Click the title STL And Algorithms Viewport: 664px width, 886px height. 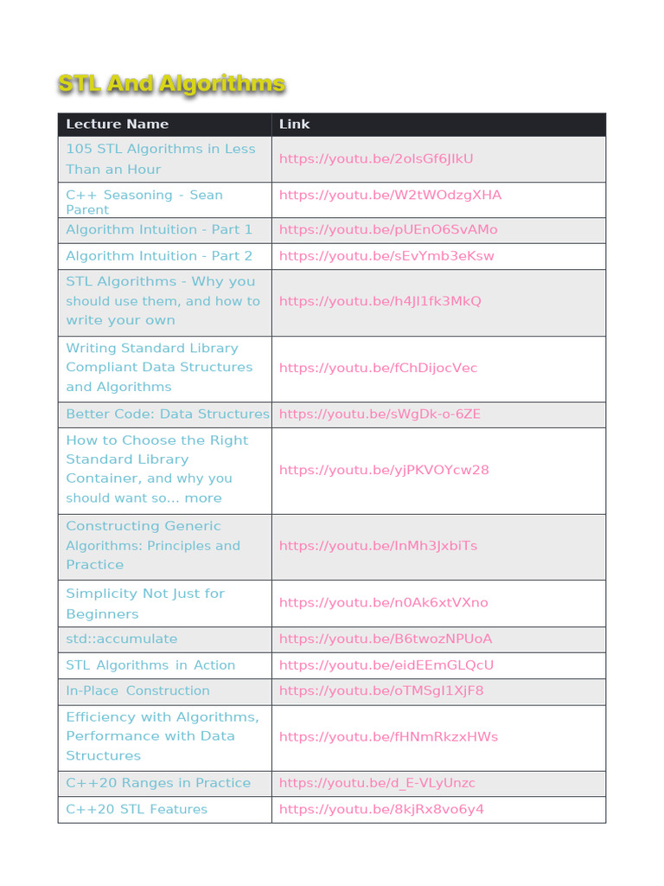click(x=171, y=84)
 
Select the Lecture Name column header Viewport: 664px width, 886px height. click(x=117, y=124)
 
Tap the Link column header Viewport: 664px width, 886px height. click(x=294, y=124)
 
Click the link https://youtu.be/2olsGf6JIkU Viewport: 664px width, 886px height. click(x=376, y=158)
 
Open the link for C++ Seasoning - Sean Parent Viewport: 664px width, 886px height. click(x=390, y=195)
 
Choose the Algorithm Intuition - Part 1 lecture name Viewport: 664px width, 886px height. click(x=159, y=229)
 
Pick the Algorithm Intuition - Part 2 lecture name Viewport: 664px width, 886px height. click(x=159, y=255)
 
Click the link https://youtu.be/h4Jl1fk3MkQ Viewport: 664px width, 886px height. click(x=380, y=301)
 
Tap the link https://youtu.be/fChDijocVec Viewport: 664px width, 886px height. click(x=378, y=368)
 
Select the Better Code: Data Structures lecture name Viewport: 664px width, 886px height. click(x=168, y=414)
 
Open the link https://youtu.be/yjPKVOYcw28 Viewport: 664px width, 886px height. click(x=384, y=470)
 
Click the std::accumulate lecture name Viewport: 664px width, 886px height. click(x=122, y=639)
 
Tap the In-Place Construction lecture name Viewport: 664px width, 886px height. click(x=137, y=690)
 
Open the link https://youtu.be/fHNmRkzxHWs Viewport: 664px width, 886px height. click(x=388, y=736)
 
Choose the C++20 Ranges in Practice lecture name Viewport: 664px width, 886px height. click(x=158, y=783)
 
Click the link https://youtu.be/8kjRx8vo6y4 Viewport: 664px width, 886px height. click(x=381, y=809)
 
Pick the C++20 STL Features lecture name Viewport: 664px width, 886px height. click(x=137, y=809)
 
